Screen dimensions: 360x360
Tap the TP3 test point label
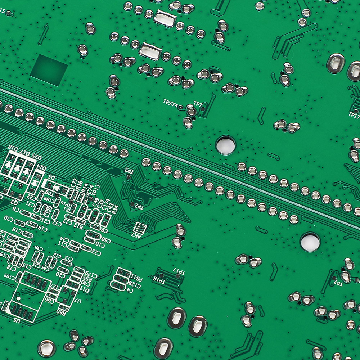[x=128, y=171]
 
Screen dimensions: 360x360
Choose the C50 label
[x=105, y=239]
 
